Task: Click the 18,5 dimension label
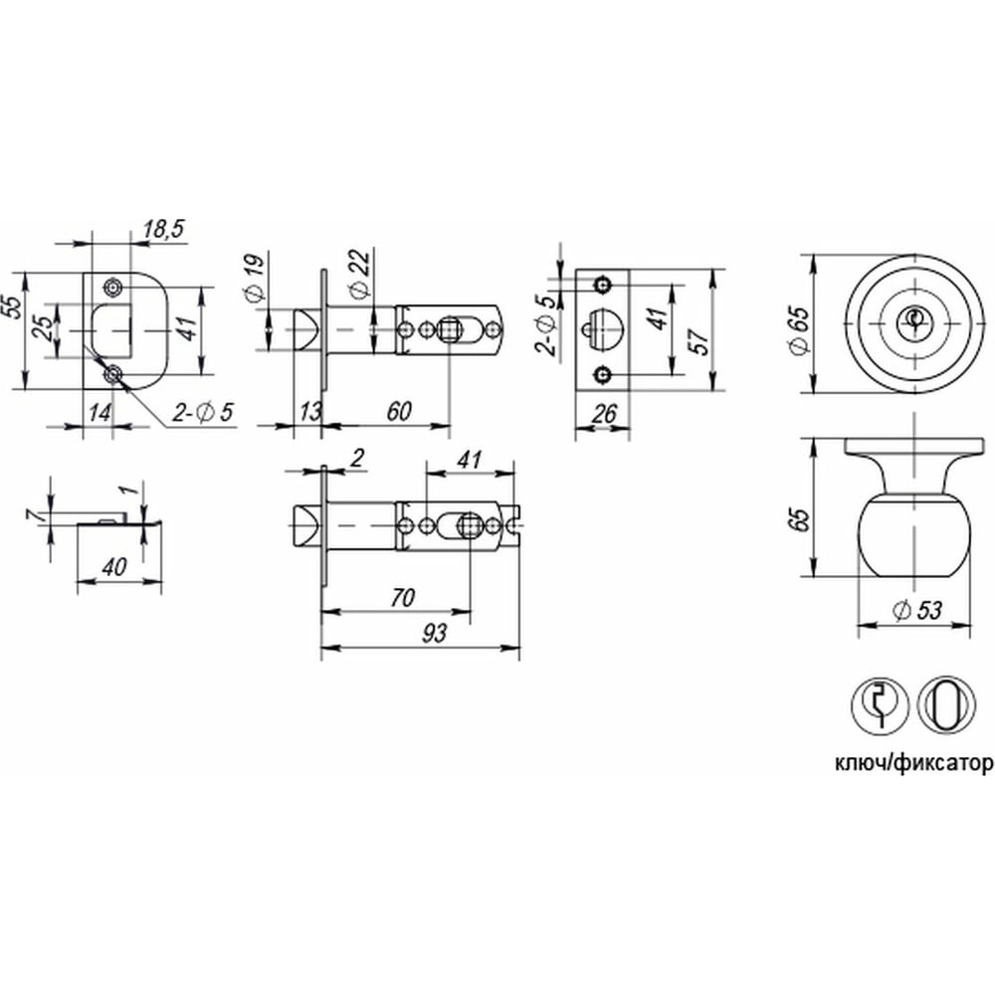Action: (164, 229)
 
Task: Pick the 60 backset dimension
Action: (399, 411)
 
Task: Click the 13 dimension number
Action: (310, 411)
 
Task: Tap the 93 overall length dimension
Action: (434, 633)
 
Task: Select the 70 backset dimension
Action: (403, 598)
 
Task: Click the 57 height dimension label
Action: (699, 341)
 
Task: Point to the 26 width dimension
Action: (604, 414)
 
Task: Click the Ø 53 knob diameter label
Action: (916, 611)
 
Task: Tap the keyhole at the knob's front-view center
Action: (912, 316)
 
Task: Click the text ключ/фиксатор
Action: (913, 764)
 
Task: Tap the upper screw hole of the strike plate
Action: (114, 289)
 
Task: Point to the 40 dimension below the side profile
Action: (114, 567)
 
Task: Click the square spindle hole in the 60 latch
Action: (450, 330)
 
